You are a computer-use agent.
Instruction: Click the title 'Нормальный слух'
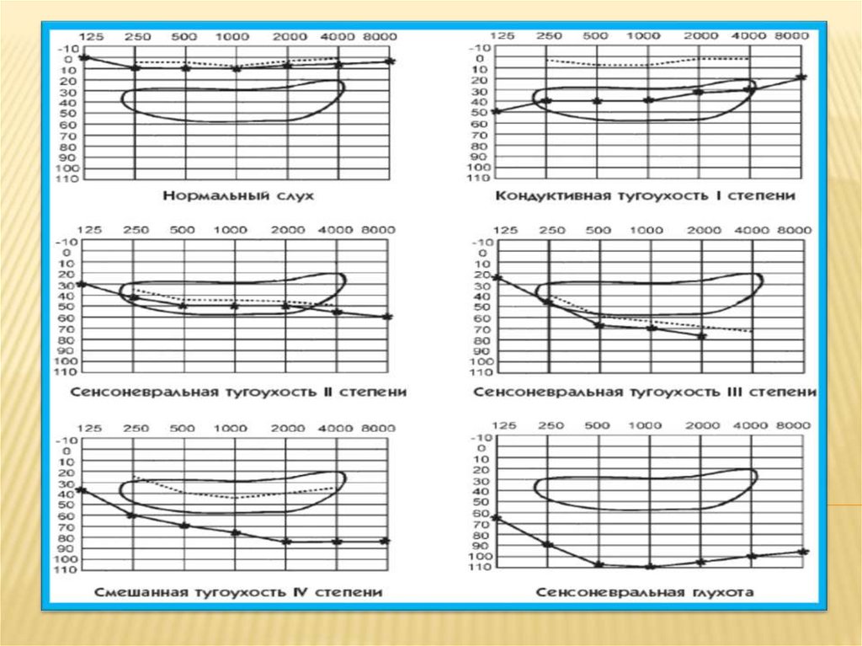[x=237, y=196]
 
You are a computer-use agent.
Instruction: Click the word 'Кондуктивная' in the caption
[x=540, y=196]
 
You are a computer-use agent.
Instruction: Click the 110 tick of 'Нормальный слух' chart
[x=67, y=179]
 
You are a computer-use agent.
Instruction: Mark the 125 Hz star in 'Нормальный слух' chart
[x=83, y=56]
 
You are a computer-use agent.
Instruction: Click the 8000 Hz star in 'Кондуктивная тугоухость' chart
[x=801, y=77]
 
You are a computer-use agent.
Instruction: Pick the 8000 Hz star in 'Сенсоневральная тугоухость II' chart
[x=387, y=317]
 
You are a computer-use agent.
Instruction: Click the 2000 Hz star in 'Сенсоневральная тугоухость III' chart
[x=701, y=336]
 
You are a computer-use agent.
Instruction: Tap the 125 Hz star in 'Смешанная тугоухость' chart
[x=82, y=489]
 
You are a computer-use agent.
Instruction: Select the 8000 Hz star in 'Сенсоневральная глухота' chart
[x=802, y=552]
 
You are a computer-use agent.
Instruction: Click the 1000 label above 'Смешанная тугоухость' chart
[x=231, y=430]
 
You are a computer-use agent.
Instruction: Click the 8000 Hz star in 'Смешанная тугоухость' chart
[x=385, y=541]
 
